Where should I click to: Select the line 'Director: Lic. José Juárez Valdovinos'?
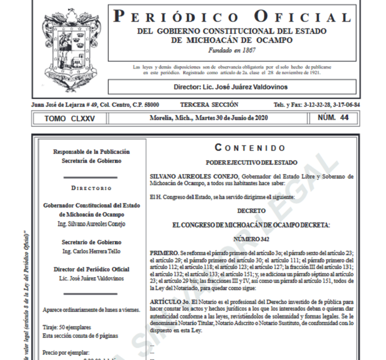point(232,87)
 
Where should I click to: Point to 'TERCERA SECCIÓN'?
point(206,104)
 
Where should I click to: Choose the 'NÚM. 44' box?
point(335,118)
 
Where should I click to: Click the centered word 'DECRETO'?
point(250,210)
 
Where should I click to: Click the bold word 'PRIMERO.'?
point(164,250)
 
